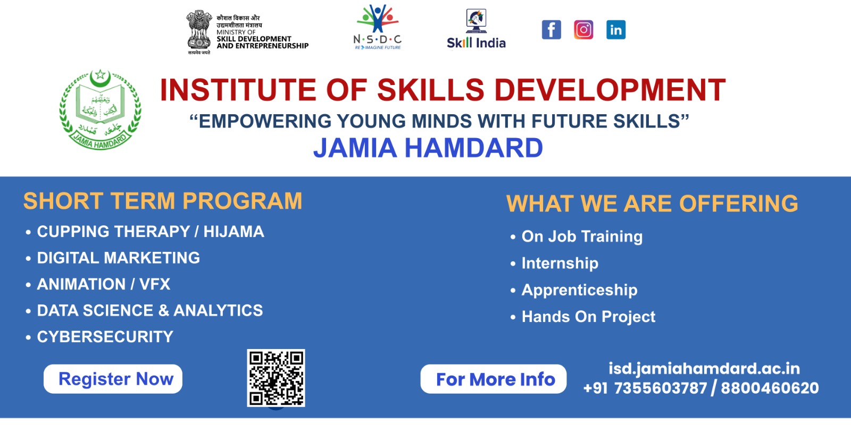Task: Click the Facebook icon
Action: point(551,30)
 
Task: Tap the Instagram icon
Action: point(583,30)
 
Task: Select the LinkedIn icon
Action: point(616,30)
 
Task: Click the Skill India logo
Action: point(476,30)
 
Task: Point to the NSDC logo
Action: point(378,28)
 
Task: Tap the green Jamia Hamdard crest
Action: point(100,109)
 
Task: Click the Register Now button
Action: point(113,379)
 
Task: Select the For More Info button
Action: point(493,379)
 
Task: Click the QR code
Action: point(276,378)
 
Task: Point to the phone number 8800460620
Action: point(770,388)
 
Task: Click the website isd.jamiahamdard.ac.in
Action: point(704,368)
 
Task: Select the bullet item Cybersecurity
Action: point(105,337)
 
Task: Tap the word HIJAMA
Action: point(233,232)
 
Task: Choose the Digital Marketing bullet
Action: point(118,258)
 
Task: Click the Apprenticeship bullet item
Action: point(579,290)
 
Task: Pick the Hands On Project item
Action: point(588,317)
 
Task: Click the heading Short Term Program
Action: point(163,201)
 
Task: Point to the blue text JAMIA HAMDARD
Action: point(428,148)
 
